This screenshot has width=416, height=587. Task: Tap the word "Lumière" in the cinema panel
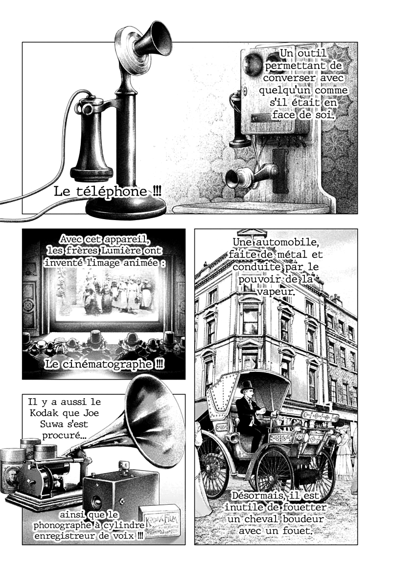coord(122,250)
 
